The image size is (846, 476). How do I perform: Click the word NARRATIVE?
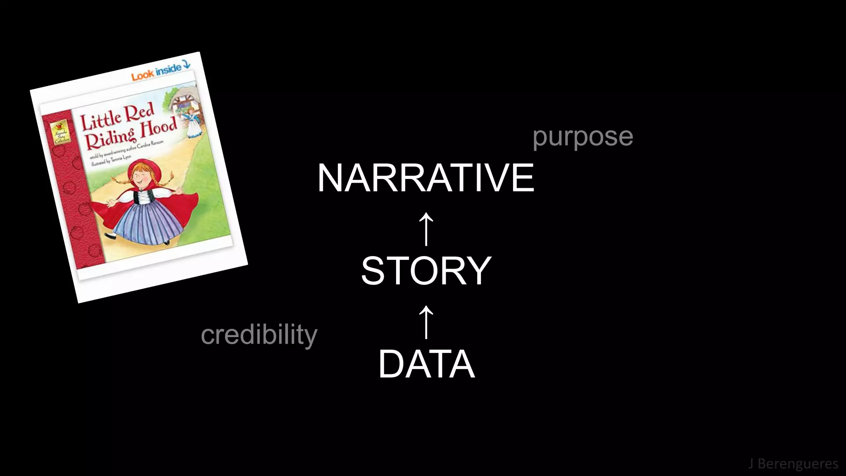pos(425,178)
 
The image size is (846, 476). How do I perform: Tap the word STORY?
pos(426,271)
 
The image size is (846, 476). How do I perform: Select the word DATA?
pos(426,364)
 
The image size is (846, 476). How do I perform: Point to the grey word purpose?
pos(582,137)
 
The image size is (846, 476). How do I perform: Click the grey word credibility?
pos(259,335)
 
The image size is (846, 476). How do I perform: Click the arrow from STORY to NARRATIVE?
pos(426,229)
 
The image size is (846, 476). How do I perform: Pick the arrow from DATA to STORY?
pos(426,322)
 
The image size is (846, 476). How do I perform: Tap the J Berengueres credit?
pos(793,464)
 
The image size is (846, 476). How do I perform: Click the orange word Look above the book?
pos(143,75)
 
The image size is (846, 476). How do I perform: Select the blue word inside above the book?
pos(168,69)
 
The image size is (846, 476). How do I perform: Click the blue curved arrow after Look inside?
pos(186,64)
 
